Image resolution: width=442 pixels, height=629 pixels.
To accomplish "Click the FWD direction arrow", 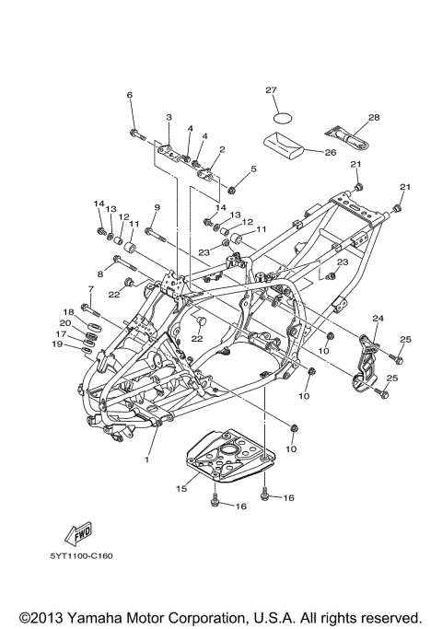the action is pos(78,534).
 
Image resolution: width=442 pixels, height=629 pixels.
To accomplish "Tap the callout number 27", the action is pos(271,90).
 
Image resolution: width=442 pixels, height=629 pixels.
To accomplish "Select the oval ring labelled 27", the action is pos(283,118).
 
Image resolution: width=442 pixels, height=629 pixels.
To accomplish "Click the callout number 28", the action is pos(374,117).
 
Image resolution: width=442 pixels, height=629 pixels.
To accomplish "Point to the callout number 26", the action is pos(330,153).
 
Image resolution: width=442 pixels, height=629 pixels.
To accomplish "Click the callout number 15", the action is pos(181,489).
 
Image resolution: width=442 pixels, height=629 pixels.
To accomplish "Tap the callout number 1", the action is pos(146,460).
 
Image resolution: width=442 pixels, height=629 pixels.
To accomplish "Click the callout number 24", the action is pos(378,318).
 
